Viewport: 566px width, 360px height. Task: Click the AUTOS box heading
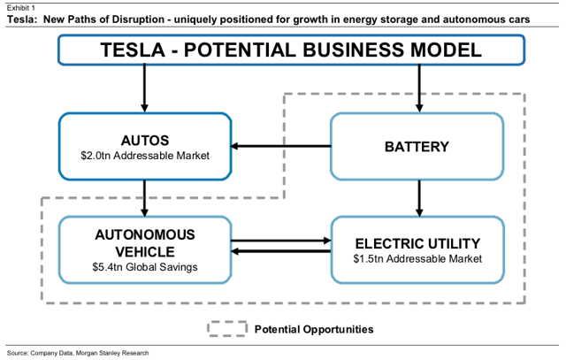145,141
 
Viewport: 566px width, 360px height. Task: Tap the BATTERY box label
417,147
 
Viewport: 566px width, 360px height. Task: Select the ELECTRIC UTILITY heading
417,244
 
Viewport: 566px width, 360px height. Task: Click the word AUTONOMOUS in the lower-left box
145,235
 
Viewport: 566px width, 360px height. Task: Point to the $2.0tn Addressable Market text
145,156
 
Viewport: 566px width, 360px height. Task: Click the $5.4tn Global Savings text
145,267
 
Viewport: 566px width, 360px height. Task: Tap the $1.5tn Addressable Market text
417,259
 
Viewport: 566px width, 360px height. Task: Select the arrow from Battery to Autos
281,146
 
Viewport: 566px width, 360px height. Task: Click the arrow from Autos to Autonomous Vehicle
145,198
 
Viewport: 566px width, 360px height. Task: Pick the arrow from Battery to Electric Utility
419,198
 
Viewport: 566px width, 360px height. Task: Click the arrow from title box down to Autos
145,88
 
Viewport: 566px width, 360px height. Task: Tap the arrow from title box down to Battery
419,88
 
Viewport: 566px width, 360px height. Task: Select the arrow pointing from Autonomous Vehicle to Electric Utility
281,241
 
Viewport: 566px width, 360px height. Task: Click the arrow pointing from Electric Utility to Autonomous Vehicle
281,251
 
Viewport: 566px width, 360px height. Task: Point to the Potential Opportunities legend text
314,329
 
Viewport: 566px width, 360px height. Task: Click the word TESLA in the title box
133,50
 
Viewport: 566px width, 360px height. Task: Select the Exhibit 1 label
21,8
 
